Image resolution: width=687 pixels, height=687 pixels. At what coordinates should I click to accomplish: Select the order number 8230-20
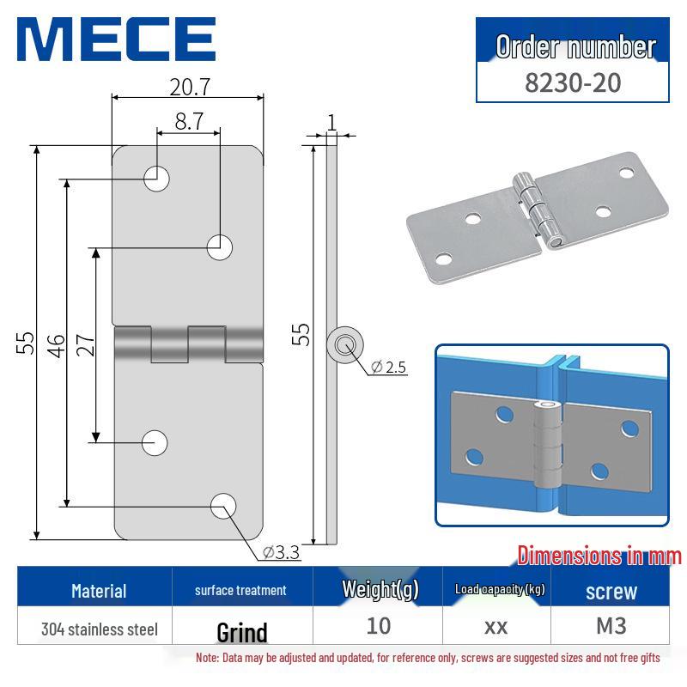click(573, 82)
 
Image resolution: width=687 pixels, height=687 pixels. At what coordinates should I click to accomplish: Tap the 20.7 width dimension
click(188, 86)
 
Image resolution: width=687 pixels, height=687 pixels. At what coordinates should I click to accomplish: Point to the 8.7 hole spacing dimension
click(188, 121)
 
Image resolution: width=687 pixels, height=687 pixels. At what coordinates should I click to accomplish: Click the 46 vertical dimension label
click(56, 344)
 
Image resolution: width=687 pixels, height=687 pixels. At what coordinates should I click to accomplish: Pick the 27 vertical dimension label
click(86, 344)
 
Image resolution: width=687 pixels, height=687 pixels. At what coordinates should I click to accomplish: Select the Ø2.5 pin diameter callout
click(388, 368)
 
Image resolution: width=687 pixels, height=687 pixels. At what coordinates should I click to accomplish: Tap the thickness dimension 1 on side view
click(331, 121)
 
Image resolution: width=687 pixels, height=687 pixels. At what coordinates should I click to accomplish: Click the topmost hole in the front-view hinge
click(156, 179)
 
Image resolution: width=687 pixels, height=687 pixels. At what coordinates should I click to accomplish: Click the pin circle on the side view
click(345, 345)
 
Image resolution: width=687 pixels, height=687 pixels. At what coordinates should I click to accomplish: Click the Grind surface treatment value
click(241, 632)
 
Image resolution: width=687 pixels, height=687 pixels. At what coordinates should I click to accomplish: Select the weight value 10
click(379, 625)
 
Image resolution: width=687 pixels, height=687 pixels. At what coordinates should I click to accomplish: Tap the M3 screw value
click(611, 625)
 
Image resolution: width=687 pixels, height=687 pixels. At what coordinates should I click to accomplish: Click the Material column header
click(99, 590)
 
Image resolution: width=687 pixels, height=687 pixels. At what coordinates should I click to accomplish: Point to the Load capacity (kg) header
click(499, 589)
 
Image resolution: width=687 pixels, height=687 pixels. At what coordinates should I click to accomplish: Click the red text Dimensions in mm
click(599, 556)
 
